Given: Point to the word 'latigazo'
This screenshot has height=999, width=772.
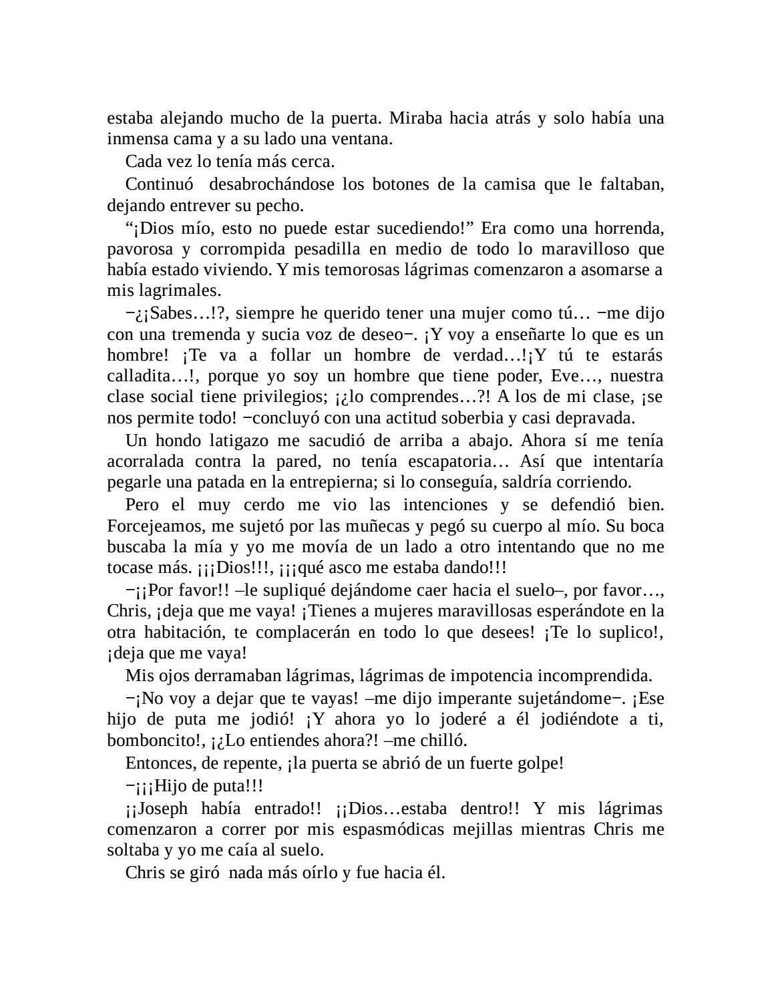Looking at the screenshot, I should tap(220, 441).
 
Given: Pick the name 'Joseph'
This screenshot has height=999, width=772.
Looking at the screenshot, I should tap(164, 809).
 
